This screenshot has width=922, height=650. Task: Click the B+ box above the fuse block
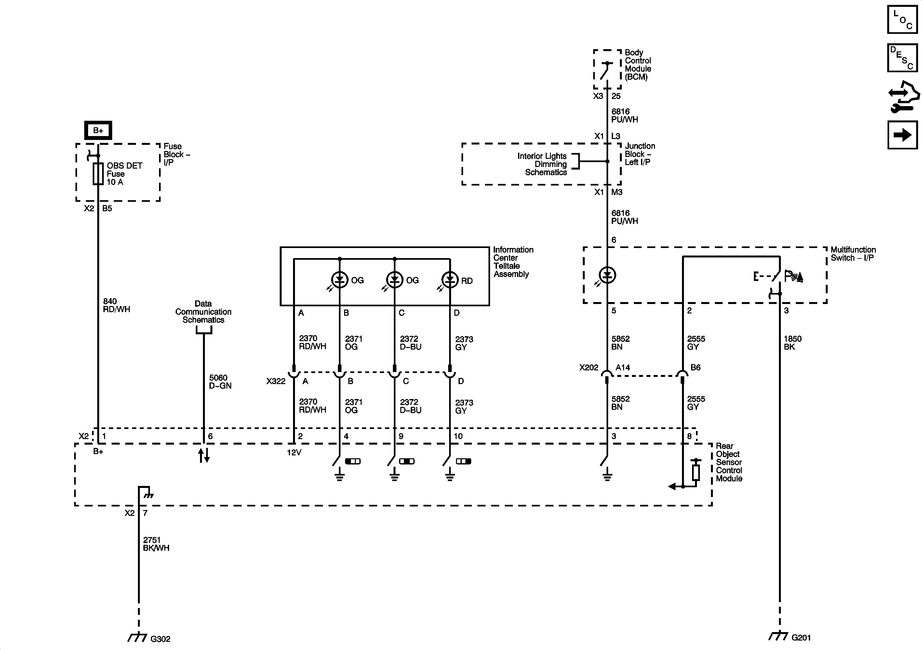click(x=98, y=130)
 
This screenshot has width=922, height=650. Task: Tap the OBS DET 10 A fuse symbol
click(x=98, y=174)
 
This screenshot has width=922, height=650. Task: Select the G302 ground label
click(x=160, y=639)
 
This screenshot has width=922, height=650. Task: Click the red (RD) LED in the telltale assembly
click(x=450, y=280)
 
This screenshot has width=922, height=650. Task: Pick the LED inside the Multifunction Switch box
click(x=607, y=275)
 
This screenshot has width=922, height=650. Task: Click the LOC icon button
click(x=902, y=19)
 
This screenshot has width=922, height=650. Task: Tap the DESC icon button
click(x=902, y=58)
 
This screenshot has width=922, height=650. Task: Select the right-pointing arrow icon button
click(x=902, y=135)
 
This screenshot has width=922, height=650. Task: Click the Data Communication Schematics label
click(x=203, y=312)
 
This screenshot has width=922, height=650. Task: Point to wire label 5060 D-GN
click(x=220, y=381)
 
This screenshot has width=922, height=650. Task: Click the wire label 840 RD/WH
click(x=116, y=305)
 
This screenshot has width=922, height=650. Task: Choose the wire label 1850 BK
click(x=792, y=342)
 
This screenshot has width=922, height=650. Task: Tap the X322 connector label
click(x=275, y=381)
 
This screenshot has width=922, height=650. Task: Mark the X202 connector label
click(x=588, y=367)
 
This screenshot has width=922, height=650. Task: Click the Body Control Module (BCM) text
click(x=638, y=65)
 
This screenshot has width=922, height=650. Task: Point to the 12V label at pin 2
click(x=294, y=453)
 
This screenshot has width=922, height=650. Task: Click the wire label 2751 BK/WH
click(x=156, y=544)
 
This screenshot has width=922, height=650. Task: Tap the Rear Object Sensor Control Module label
click(x=729, y=462)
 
